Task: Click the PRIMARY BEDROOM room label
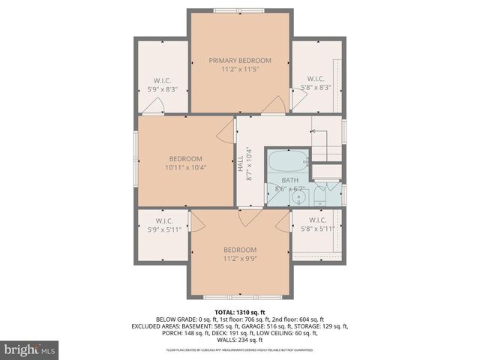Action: [240, 60]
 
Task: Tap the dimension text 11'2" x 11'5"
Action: [240, 70]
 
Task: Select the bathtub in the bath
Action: [288, 160]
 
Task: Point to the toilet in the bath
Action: [321, 197]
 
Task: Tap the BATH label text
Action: [289, 181]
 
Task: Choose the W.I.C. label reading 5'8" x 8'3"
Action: [316, 82]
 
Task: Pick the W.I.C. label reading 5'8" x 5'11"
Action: [316, 224]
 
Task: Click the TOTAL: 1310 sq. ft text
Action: [240, 311]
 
